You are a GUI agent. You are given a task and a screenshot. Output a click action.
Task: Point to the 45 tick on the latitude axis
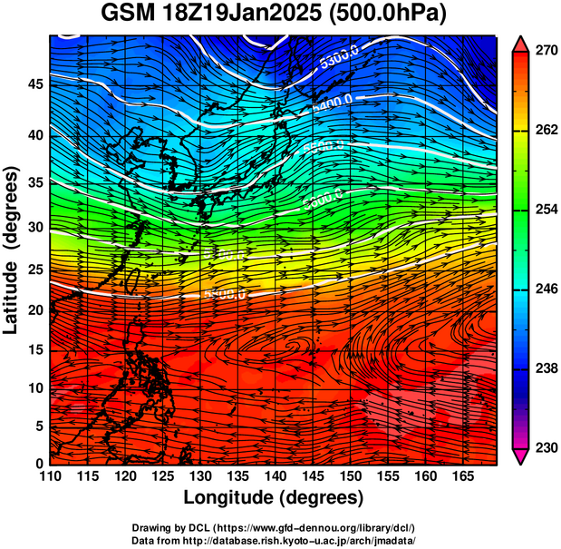click(x=34, y=83)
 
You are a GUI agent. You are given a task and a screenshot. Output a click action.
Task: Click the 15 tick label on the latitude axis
click(x=34, y=349)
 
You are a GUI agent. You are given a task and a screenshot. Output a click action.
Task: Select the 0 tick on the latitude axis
click(x=38, y=464)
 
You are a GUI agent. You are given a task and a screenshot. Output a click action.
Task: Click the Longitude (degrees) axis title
click(x=274, y=497)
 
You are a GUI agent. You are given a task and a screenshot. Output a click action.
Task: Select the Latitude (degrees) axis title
click(x=12, y=250)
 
